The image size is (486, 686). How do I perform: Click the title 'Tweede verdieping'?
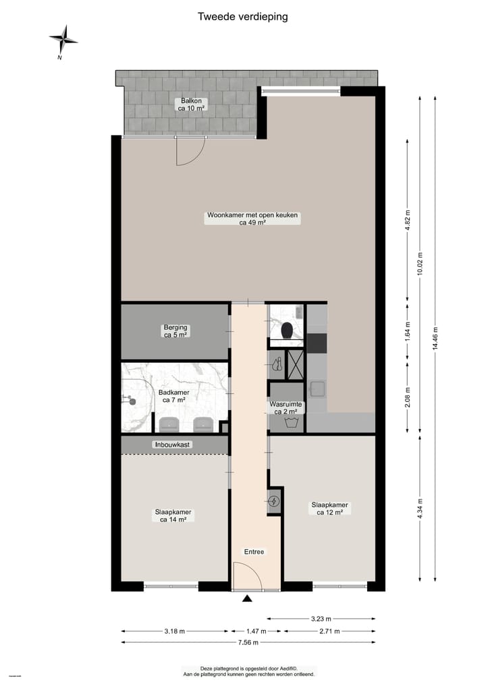click(x=242, y=17)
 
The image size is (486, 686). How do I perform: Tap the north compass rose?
click(x=63, y=40)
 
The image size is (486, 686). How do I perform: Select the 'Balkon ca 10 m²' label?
click(x=190, y=104)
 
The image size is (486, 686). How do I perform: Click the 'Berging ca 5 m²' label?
click(x=175, y=331)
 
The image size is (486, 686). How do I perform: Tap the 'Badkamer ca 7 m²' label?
click(x=174, y=396)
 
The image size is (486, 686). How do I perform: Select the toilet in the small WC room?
click(x=287, y=331)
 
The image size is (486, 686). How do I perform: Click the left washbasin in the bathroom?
click(x=169, y=424)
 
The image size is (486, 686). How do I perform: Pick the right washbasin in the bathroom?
click(x=202, y=424)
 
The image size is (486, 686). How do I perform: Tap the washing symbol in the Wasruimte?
click(x=291, y=423)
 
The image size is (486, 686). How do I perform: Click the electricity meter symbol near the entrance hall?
click(x=274, y=501)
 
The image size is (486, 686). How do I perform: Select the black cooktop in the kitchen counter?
click(x=316, y=343)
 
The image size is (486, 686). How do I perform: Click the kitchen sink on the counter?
click(x=316, y=389)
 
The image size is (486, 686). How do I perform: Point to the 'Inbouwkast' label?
click(x=173, y=445)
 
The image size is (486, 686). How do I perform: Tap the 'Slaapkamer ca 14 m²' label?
click(x=173, y=516)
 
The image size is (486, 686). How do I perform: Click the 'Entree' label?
click(x=254, y=552)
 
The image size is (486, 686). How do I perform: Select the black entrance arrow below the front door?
click(x=248, y=598)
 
